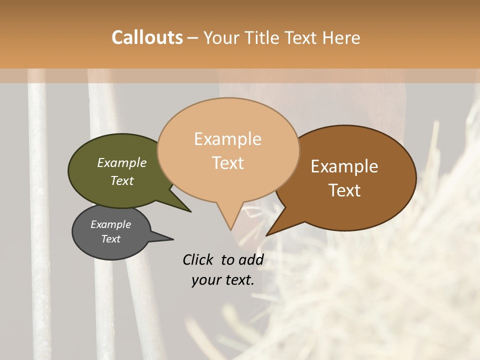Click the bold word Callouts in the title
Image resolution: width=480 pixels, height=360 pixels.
tap(147, 37)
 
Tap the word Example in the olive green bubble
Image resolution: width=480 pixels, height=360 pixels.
tap(121, 162)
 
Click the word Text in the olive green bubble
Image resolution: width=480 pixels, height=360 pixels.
tap(121, 180)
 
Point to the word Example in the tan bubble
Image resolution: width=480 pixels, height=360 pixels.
tap(227, 139)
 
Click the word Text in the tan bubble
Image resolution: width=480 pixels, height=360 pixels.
tap(227, 163)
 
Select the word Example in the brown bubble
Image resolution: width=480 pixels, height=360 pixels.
tap(344, 166)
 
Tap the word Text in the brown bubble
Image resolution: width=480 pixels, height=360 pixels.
tap(344, 190)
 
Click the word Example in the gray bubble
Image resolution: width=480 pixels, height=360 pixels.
tap(110, 224)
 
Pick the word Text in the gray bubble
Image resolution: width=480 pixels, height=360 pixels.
tap(110, 239)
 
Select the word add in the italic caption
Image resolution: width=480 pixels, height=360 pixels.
tap(251, 259)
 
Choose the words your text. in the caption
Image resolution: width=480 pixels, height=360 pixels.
tap(222, 280)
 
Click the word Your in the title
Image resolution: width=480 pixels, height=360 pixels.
tap(223, 37)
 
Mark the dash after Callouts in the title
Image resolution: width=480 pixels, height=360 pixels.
tap(193, 37)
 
